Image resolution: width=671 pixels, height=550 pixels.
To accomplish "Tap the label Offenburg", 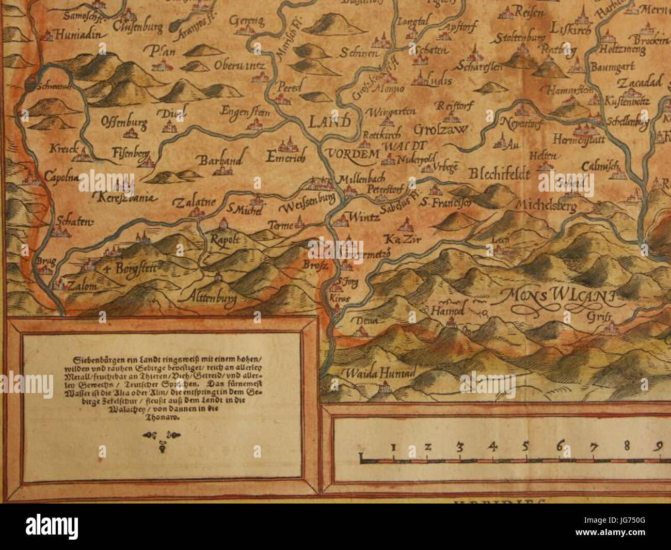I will (x=124, y=123).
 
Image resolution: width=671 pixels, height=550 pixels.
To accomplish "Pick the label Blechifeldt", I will (x=499, y=175).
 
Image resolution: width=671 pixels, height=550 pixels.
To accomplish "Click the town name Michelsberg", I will (x=547, y=205).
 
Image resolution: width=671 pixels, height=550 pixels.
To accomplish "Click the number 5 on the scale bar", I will (x=525, y=446).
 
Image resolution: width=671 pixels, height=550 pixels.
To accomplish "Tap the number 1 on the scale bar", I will (x=393, y=446).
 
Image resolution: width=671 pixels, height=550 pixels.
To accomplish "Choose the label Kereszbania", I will (x=123, y=197).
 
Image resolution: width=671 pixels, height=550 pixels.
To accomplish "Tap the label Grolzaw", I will (x=440, y=129).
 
